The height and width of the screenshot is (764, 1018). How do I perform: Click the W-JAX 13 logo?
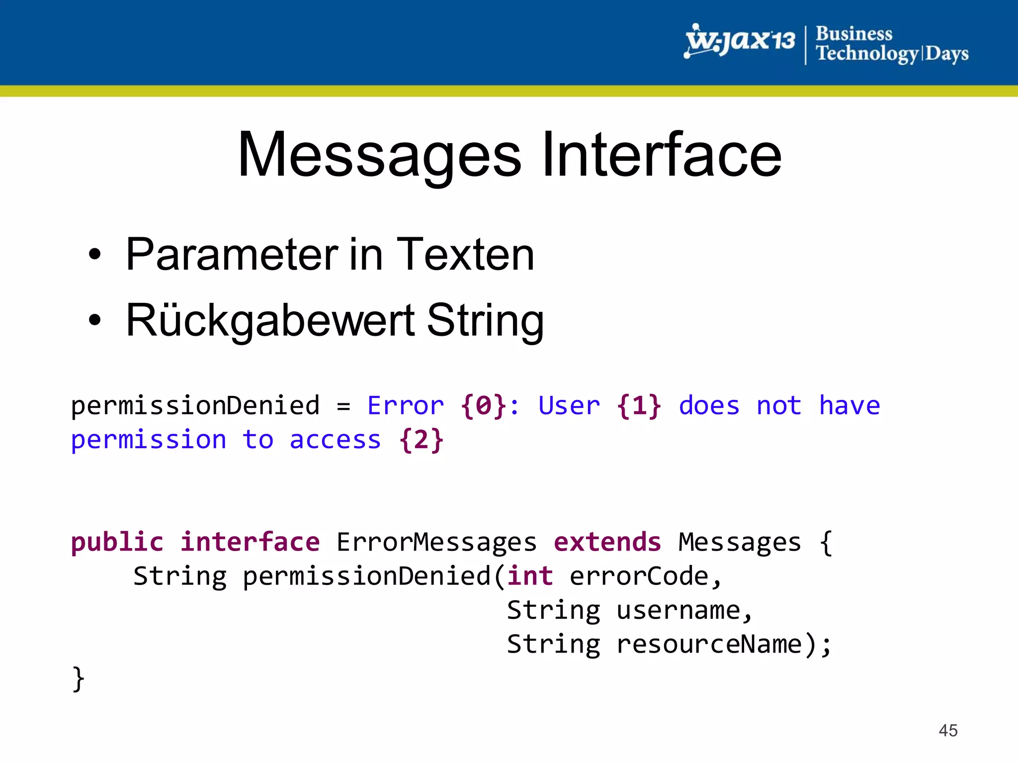740,41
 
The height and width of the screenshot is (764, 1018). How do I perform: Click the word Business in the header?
854,34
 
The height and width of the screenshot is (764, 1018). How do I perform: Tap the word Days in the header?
946,54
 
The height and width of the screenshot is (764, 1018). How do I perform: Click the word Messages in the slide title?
380,155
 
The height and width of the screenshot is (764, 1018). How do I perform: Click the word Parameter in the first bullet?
232,255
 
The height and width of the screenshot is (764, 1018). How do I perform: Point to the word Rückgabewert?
270,321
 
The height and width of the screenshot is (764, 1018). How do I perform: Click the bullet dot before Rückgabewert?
94,321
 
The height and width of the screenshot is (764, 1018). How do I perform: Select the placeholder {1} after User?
639,405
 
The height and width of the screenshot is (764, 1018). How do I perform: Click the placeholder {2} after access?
421,440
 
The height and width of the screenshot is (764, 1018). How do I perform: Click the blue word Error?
406,405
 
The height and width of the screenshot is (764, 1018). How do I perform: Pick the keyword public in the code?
117,542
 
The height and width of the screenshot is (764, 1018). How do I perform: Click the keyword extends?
607,542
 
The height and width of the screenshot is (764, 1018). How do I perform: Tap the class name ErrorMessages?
436,542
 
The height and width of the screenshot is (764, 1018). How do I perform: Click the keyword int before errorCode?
530,576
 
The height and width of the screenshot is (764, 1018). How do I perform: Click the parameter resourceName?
709,644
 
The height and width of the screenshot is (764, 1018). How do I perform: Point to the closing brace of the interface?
79,679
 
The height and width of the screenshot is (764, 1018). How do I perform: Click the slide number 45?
948,730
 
